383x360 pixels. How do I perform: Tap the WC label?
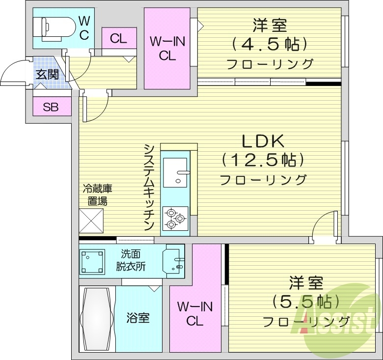(x=84, y=28)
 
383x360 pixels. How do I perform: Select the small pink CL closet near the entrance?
(x=118, y=38)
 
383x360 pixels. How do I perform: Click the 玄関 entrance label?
(x=47, y=75)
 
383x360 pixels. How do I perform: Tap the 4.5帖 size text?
(x=270, y=44)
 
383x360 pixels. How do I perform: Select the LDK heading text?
(x=263, y=141)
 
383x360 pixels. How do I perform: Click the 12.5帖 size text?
(x=263, y=160)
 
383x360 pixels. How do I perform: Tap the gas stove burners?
(x=175, y=217)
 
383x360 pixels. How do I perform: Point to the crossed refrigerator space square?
(x=91, y=221)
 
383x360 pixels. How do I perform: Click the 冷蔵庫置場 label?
(x=97, y=194)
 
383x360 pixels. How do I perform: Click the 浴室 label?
(x=138, y=318)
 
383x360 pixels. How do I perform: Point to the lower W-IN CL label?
(x=195, y=314)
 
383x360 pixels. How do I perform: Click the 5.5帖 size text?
(x=306, y=301)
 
